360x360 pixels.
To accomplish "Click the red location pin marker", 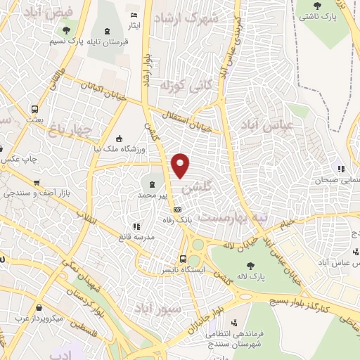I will point(181,165).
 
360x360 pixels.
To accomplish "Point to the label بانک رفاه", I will point(178,220).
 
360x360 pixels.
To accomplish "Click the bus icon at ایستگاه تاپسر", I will point(183,258).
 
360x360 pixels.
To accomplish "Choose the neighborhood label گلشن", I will point(195,189).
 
